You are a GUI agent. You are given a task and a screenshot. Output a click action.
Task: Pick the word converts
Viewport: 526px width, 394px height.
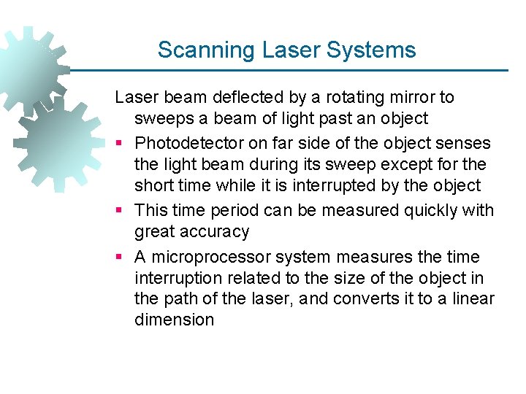coord(393,299)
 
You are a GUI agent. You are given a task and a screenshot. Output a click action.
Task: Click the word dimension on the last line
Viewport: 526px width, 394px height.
coord(174,320)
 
